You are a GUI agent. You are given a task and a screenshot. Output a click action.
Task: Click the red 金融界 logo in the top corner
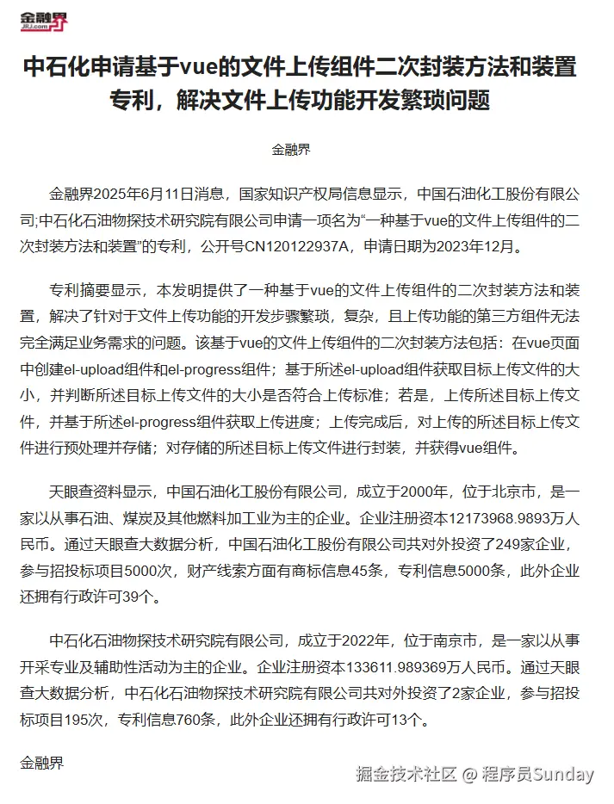point(44,21)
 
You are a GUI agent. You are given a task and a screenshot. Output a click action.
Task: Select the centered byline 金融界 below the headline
point(291,149)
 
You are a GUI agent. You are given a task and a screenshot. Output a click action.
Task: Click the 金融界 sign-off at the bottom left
point(41,762)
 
